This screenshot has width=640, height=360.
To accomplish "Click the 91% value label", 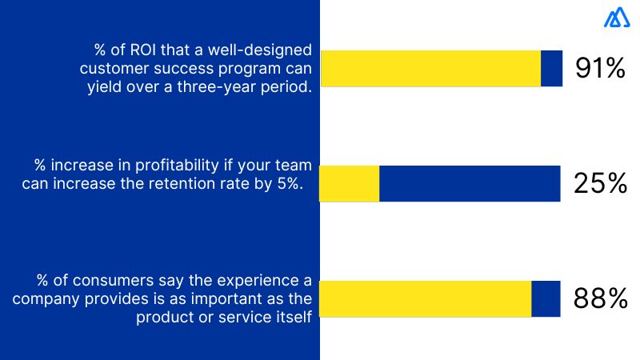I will coord(599,69).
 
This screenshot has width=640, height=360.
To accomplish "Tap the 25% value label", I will coord(599,184).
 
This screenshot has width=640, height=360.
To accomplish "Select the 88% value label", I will coord(600,299).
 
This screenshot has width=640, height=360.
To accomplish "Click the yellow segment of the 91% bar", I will coord(430,69).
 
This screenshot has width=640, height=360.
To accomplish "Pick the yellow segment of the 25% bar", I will coord(350,184).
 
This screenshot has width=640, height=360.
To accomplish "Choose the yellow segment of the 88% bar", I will coord(426,299).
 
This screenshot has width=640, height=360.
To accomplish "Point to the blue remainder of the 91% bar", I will coord(551,69).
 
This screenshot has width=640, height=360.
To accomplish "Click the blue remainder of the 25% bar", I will coord(470,184).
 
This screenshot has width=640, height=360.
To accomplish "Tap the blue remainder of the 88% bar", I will coord(546,299).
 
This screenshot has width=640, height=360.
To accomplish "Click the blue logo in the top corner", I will coord(617,18).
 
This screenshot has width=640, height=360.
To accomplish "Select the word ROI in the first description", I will coord(150,50).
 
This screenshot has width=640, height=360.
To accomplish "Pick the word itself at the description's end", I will coord(294,318).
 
